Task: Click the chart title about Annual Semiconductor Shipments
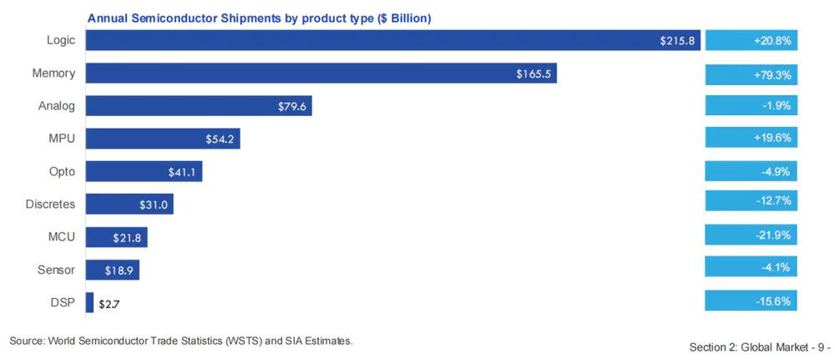pyautogui.click(x=260, y=18)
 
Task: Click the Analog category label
pyautogui.click(x=57, y=106)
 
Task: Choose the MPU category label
pyautogui.click(x=61, y=139)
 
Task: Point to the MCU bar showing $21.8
pyautogui.click(x=116, y=237)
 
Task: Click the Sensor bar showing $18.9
pyautogui.click(x=112, y=269)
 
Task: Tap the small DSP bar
pyautogui.click(x=89, y=302)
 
